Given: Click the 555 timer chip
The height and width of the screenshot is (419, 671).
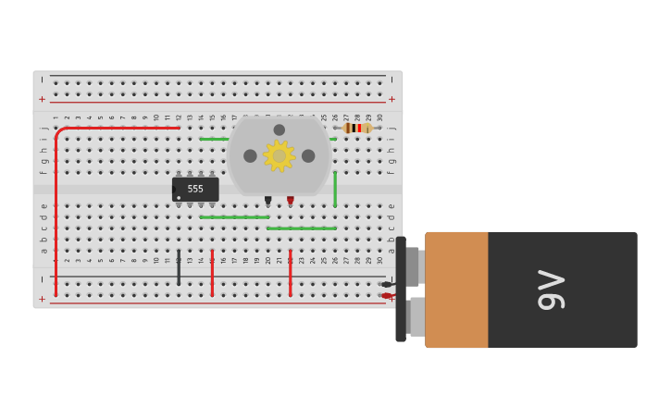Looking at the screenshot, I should click(195, 189).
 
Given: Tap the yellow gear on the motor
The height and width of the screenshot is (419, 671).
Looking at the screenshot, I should click(279, 155).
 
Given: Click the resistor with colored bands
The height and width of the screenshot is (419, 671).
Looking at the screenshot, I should click(356, 129).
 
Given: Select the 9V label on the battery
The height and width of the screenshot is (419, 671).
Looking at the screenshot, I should click(551, 290).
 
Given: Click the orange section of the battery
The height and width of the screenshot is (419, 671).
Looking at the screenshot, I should click(456, 290).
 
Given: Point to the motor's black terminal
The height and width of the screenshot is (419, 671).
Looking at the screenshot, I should click(267, 200).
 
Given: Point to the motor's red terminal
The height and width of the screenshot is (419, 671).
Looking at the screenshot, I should click(290, 200).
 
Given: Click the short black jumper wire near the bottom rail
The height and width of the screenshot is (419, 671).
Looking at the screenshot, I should click(179, 267).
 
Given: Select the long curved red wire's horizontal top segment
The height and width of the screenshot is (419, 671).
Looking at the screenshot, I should click(120, 128).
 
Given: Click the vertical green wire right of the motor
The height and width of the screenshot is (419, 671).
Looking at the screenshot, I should click(335, 189).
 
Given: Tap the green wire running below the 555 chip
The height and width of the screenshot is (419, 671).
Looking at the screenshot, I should click(234, 217).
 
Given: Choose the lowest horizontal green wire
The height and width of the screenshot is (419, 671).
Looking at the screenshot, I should click(301, 228).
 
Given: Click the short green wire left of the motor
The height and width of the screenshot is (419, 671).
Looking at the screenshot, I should click(213, 139).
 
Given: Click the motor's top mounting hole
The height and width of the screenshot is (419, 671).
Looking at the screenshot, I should click(280, 129).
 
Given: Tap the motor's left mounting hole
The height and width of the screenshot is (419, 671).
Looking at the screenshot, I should click(250, 155).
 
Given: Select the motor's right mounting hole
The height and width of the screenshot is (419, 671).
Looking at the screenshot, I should click(308, 155).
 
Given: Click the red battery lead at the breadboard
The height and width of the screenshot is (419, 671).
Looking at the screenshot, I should click(387, 296).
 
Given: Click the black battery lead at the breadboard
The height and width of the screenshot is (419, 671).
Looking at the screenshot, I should click(387, 284).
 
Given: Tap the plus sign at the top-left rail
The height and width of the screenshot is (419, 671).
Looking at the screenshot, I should click(42, 99).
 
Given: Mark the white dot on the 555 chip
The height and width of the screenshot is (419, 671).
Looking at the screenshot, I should click(179, 197).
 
